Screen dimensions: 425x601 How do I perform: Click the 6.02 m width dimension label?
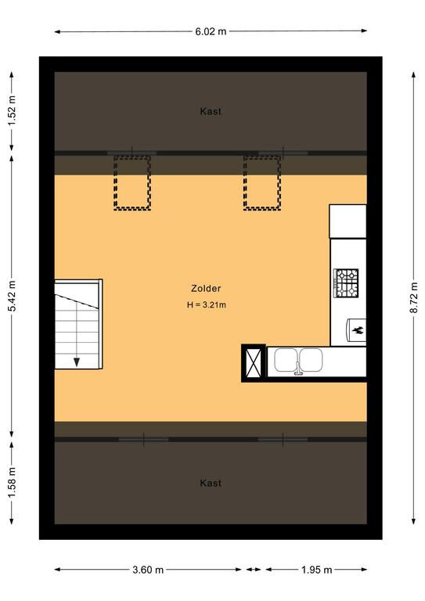click(x=211, y=31)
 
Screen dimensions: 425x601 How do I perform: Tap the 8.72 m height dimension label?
click(x=414, y=298)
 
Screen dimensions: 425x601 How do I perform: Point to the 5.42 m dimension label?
click(x=13, y=297)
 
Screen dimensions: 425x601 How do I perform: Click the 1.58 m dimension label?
click(x=13, y=483)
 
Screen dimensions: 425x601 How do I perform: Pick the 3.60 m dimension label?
click(x=148, y=570)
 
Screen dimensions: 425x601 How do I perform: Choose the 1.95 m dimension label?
click(x=316, y=570)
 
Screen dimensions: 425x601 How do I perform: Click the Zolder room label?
click(x=206, y=288)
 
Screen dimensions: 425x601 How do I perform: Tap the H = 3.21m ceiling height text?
click(x=206, y=305)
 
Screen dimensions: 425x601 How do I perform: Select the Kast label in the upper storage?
click(x=211, y=112)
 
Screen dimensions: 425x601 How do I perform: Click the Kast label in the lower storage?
click(x=211, y=483)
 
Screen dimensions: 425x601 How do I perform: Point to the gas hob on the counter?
click(x=347, y=283)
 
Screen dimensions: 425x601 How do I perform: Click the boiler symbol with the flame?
click(x=356, y=329)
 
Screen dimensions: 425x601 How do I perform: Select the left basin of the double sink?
click(x=286, y=359)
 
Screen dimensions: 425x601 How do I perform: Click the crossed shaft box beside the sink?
click(x=254, y=363)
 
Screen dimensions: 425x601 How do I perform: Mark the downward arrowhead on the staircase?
click(x=77, y=362)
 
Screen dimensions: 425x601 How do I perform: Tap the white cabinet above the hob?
click(x=348, y=221)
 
